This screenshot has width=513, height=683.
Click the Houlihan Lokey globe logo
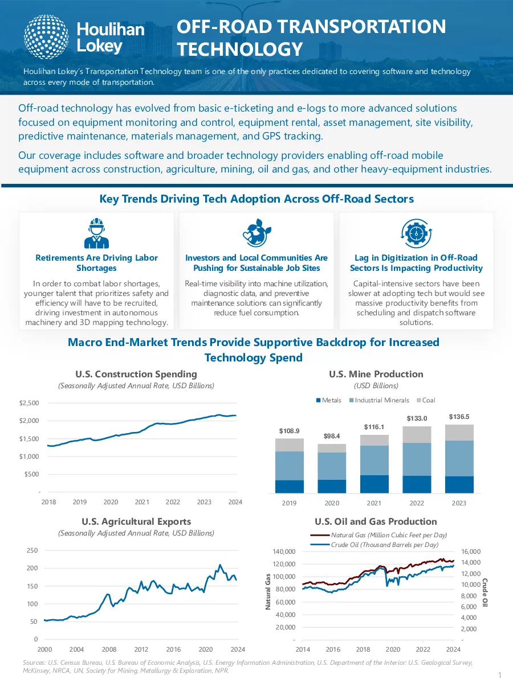click(46, 37)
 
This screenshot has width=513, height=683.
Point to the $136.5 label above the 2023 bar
click(459, 417)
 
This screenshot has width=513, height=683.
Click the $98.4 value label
click(332, 436)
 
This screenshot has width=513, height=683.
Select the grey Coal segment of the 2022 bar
click(417, 434)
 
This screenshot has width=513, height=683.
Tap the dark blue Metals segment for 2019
click(290, 487)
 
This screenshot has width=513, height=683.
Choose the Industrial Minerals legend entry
click(379, 400)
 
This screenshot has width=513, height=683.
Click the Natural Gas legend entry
click(378, 535)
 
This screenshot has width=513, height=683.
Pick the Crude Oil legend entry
click(374, 545)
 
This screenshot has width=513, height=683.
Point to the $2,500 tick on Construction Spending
click(29, 403)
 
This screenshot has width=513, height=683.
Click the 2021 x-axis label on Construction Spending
click(142, 502)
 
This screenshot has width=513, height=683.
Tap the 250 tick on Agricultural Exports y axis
click(32, 550)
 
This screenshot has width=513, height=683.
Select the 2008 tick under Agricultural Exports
click(109, 649)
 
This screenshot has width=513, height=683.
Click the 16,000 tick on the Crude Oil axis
click(471, 552)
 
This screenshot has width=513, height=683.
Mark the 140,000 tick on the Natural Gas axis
click(284, 552)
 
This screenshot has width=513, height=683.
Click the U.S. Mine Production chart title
click(376, 374)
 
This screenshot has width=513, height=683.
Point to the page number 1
click(500, 675)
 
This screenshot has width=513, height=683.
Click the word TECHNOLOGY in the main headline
click(240, 49)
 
